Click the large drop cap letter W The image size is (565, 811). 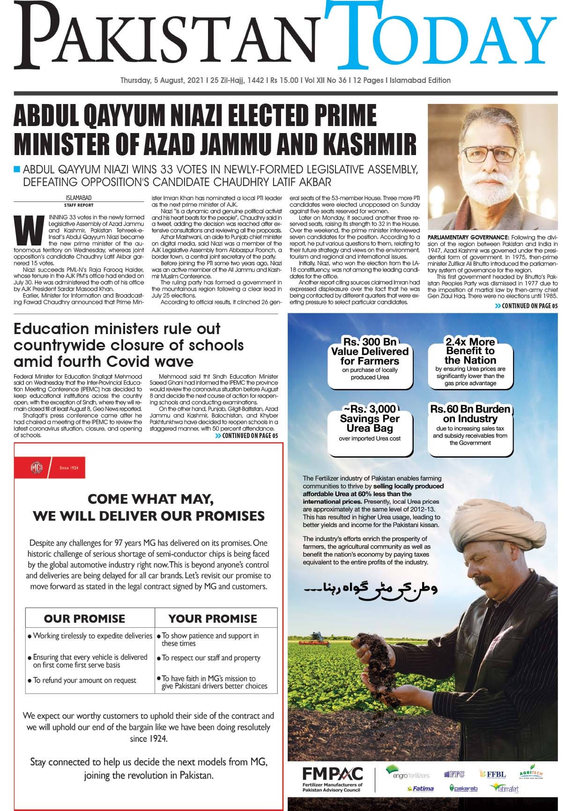[25, 230]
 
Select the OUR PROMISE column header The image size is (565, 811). [84, 618]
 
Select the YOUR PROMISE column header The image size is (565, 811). [213, 618]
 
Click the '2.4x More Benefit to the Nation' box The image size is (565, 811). [470, 361]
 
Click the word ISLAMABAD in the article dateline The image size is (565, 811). [79, 198]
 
